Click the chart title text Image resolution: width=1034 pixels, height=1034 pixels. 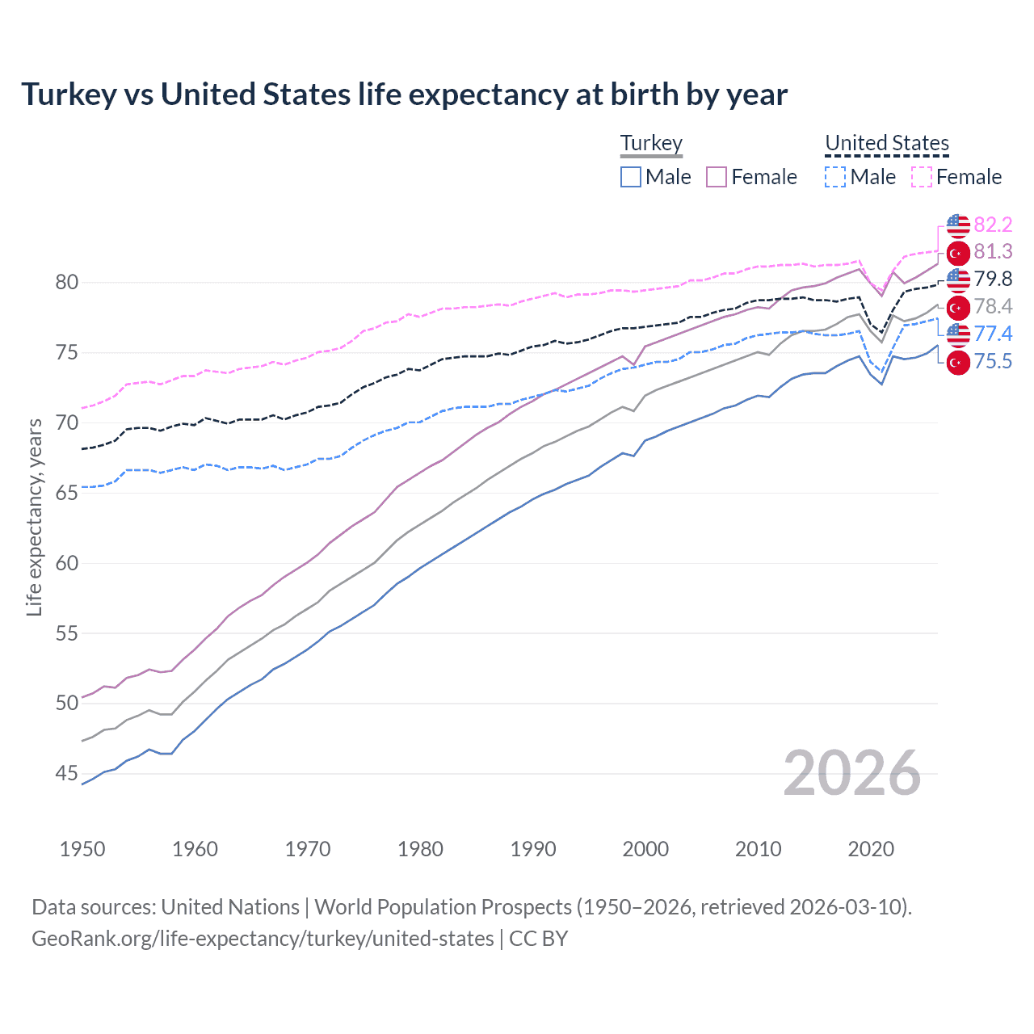pyautogui.click(x=404, y=95)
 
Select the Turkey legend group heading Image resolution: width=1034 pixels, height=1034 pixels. pyautogui.click(x=651, y=143)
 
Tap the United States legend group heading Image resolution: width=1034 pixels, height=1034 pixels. pyautogui.click(x=886, y=143)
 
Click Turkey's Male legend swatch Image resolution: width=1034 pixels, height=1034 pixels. pyautogui.click(x=631, y=177)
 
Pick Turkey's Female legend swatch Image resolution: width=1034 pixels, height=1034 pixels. pyautogui.click(x=717, y=177)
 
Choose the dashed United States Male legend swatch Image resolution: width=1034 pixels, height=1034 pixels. pyautogui.click(x=835, y=177)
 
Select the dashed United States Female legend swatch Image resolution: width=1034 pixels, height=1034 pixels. pyautogui.click(x=922, y=177)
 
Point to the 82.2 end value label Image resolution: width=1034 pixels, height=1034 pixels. pyautogui.click(x=993, y=225)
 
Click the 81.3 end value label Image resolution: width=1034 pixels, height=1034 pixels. pyautogui.click(x=993, y=252)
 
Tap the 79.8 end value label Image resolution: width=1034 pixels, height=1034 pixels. pyautogui.click(x=993, y=280)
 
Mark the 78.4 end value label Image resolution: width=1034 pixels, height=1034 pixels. pyautogui.click(x=993, y=307)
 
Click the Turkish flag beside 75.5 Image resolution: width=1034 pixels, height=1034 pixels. pyautogui.click(x=958, y=363)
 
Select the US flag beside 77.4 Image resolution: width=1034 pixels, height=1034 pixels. pyautogui.click(x=958, y=334)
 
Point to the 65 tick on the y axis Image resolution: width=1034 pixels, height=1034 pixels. pyautogui.click(x=67, y=494)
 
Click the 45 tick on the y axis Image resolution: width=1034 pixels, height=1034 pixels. pyautogui.click(x=67, y=774)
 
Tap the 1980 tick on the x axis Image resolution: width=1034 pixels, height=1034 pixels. pyautogui.click(x=420, y=849)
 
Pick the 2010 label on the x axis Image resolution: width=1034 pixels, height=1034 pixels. pyautogui.click(x=758, y=849)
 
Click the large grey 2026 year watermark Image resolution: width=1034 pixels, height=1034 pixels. pyautogui.click(x=851, y=773)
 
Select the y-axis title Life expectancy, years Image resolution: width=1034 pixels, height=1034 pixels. pyautogui.click(x=34, y=517)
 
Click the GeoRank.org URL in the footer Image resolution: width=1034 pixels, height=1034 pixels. pyautogui.click(x=263, y=939)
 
